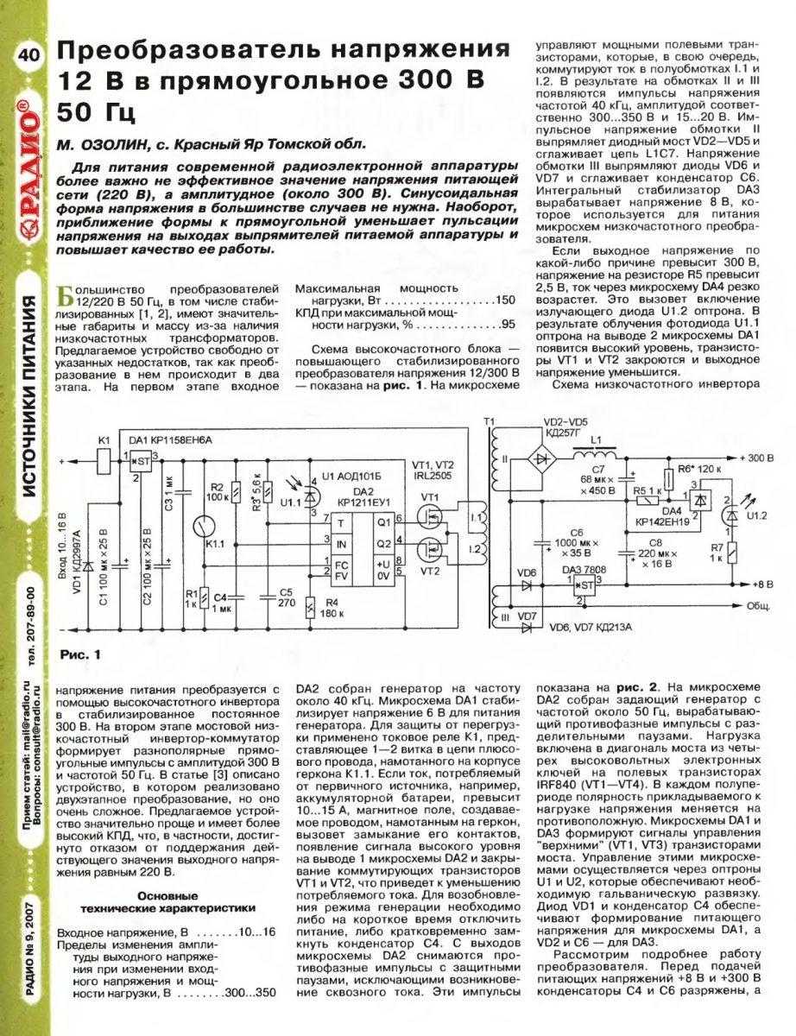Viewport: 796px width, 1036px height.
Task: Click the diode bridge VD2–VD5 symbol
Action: [543, 452]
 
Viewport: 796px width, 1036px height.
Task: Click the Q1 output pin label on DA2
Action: [384, 522]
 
